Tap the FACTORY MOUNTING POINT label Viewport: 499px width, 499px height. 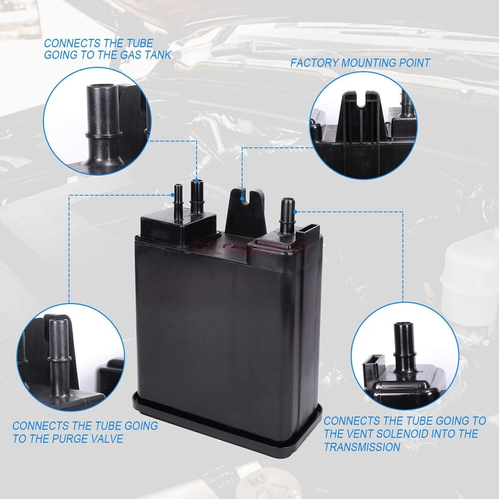[360, 63]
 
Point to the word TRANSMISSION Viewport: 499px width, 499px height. [362, 447]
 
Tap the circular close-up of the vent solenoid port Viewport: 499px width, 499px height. [404, 359]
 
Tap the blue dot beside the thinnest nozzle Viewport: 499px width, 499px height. [173, 195]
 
